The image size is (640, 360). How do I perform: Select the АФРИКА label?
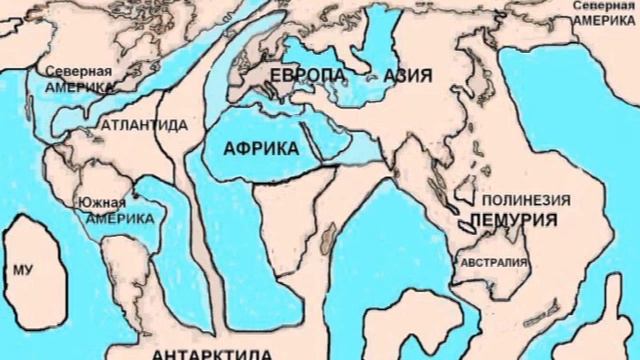(261, 147)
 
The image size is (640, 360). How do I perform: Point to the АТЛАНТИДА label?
(144, 126)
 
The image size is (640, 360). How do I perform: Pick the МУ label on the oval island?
(23, 269)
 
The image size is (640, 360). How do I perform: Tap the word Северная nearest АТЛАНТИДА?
(72, 72)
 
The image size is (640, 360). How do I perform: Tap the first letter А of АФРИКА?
(232, 147)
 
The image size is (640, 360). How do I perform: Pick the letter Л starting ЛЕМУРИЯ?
(477, 219)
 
